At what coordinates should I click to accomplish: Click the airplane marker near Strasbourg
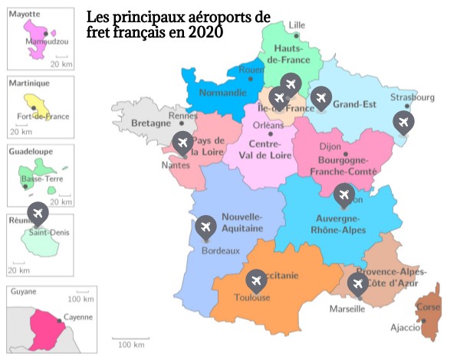[x=402, y=121]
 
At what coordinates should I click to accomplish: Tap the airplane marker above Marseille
[x=357, y=283]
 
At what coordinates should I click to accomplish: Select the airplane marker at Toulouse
[x=256, y=280]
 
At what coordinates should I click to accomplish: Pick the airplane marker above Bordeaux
[x=205, y=226]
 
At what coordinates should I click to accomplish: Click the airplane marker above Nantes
[x=182, y=142]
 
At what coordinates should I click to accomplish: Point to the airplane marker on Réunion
[x=36, y=212]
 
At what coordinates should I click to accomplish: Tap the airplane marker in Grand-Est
[x=320, y=97]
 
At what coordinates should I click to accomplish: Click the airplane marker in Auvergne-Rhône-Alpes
[x=343, y=195]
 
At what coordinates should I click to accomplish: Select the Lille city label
[x=296, y=25]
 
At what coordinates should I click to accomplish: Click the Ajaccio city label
[x=406, y=328]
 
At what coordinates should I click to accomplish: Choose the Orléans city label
[x=268, y=125]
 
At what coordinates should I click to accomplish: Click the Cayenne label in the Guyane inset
[x=78, y=316]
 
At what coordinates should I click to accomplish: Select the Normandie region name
[x=222, y=93]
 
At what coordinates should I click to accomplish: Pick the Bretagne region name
[x=150, y=123]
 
